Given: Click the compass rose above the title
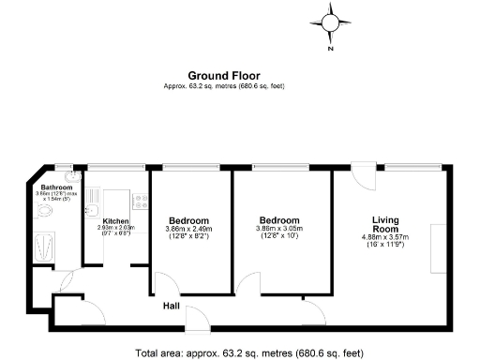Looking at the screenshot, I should click(x=331, y=23).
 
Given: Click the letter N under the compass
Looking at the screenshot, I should click(x=331, y=50).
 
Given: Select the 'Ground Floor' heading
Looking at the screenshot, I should click(x=224, y=76).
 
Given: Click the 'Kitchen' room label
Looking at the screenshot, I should click(x=116, y=221).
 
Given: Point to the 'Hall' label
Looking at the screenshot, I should click(x=172, y=306).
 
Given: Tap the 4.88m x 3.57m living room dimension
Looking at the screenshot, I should click(x=385, y=240).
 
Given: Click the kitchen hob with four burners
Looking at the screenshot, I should click(x=140, y=199).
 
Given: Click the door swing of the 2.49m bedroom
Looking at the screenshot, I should click(x=162, y=284).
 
